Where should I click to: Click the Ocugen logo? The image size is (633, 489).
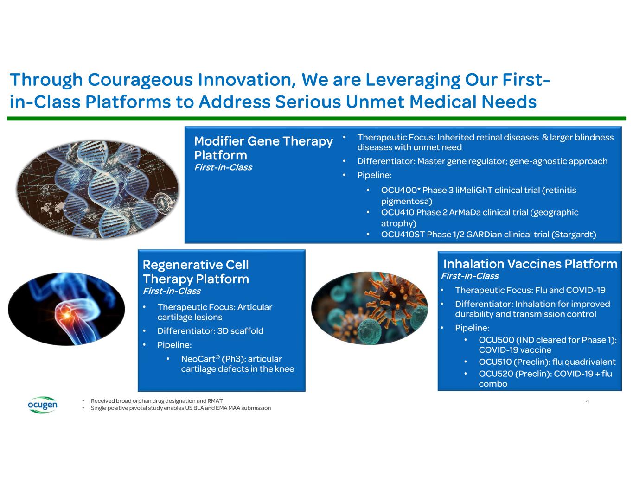43,405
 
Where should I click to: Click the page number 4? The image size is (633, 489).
587,401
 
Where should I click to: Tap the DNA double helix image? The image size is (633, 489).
97,190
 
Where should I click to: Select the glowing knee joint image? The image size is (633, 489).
66,309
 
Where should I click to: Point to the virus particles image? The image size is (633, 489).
370,308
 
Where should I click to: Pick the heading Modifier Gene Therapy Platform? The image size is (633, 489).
263,148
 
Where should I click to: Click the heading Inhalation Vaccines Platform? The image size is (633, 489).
530,264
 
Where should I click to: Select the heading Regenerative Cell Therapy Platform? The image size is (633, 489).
196,272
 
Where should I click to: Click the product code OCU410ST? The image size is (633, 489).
403,235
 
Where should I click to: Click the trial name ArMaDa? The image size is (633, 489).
465,212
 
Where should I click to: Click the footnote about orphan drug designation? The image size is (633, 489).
157,401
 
